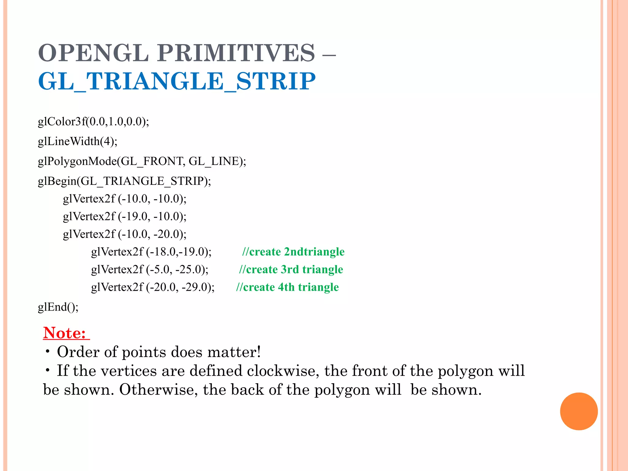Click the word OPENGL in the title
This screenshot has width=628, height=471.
click(x=93, y=53)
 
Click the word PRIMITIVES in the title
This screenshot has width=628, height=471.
click(x=236, y=53)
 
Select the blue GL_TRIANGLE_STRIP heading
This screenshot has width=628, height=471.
click(x=177, y=81)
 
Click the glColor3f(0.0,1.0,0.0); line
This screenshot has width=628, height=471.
click(x=93, y=122)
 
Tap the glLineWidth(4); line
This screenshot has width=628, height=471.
click(x=78, y=141)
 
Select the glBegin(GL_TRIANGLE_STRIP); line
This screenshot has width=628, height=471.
click(x=124, y=181)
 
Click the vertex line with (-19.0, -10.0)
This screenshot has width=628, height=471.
click(x=124, y=216)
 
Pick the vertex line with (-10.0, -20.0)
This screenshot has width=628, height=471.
click(x=124, y=234)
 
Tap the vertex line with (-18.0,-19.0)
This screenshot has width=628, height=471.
click(x=151, y=252)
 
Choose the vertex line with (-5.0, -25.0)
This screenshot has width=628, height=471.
click(x=150, y=270)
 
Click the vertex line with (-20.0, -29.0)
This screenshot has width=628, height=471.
click(x=153, y=287)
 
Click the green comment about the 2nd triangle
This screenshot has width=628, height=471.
click(x=293, y=252)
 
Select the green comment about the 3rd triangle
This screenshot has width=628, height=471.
click(x=291, y=270)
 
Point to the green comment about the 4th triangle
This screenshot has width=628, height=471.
click(x=287, y=287)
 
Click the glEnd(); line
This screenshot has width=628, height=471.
click(x=58, y=307)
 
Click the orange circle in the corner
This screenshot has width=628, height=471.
click(x=579, y=411)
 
